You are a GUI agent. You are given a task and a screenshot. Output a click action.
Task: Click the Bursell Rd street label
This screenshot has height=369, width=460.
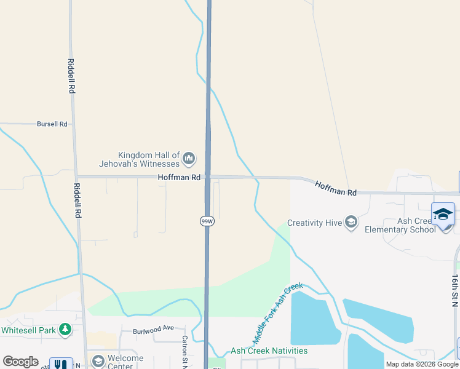[52, 124]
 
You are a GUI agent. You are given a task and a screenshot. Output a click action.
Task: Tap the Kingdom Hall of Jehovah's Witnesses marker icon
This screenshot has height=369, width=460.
[189, 159]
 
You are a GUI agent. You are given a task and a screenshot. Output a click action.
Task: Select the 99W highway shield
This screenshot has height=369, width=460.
[207, 220]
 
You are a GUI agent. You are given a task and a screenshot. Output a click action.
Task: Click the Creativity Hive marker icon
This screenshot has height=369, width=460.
[351, 222]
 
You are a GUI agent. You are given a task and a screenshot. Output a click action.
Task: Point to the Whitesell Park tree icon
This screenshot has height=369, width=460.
[65, 330]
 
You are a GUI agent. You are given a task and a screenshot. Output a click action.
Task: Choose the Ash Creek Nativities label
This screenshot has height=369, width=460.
[269, 351]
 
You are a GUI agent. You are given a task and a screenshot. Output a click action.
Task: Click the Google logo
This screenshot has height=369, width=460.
[20, 362]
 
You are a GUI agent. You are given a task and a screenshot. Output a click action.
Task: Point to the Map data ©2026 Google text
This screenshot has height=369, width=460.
[422, 364]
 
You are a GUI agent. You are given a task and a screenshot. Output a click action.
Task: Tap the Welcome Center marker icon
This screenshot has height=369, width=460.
[98, 361]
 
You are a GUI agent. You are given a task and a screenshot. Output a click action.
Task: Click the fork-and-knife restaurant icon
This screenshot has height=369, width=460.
[60, 364]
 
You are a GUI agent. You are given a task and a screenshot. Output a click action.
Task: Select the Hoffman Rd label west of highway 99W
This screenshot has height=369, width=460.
[180, 177]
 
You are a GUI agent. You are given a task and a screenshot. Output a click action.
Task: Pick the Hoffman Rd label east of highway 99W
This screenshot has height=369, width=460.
[336, 188]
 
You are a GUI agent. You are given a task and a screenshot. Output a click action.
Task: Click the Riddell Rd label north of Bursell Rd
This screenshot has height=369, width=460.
[71, 76]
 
